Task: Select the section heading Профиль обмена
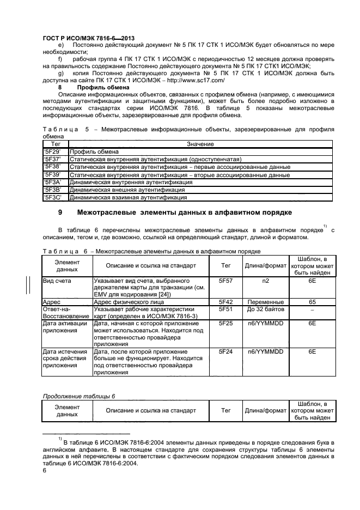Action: pos(103,87)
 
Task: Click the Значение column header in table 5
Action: pos(200,143)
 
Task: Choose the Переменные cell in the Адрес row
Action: pos(265,301)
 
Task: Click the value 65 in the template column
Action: pos(312,301)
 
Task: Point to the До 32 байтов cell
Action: pos(265,308)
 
